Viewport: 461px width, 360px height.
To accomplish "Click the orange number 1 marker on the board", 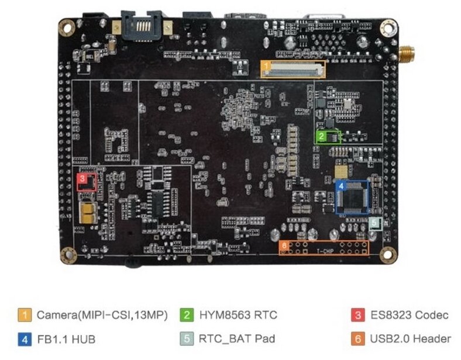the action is (x=266, y=66).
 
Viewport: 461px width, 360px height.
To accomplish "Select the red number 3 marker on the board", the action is (x=82, y=176).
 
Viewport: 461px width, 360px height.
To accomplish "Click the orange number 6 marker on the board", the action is (x=284, y=245).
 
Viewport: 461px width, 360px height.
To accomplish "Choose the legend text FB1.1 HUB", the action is (x=66, y=338).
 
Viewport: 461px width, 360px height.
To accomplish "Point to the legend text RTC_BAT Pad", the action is (x=236, y=338).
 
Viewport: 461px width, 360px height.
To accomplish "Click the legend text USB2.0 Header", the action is (x=410, y=338).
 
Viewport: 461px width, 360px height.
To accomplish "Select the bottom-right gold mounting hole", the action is (x=387, y=254).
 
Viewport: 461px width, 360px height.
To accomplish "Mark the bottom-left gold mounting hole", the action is (x=68, y=254).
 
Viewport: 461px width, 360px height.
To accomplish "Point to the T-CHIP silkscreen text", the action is (x=325, y=252).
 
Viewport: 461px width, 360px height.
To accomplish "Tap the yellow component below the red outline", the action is (x=88, y=213).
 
